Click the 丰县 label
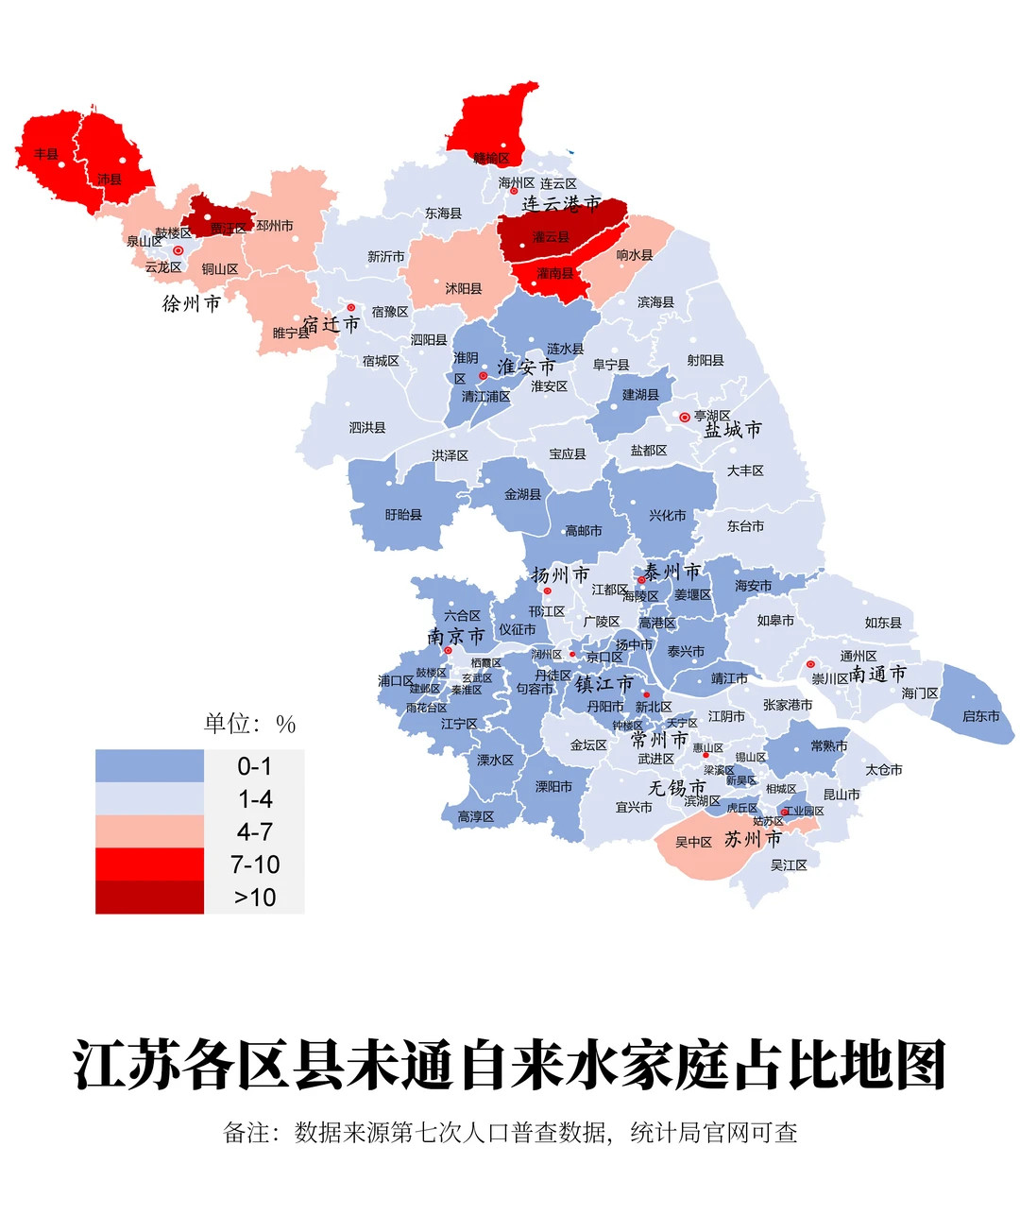(46, 154)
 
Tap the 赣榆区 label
(491, 158)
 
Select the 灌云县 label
(551, 237)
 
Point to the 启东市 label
(980, 716)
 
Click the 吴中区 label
(693, 842)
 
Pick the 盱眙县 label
(403, 515)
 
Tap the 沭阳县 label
(464, 288)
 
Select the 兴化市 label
(668, 516)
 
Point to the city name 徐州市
(192, 303)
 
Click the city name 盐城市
(733, 430)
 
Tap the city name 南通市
(877, 674)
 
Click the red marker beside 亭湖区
(685, 417)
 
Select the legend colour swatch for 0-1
(149, 766)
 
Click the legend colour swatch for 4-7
(149, 831)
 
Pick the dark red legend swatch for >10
(149, 898)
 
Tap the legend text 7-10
(255, 864)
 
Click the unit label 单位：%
(250, 725)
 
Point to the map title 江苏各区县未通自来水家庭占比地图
(510, 1067)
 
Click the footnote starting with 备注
(510, 1132)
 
